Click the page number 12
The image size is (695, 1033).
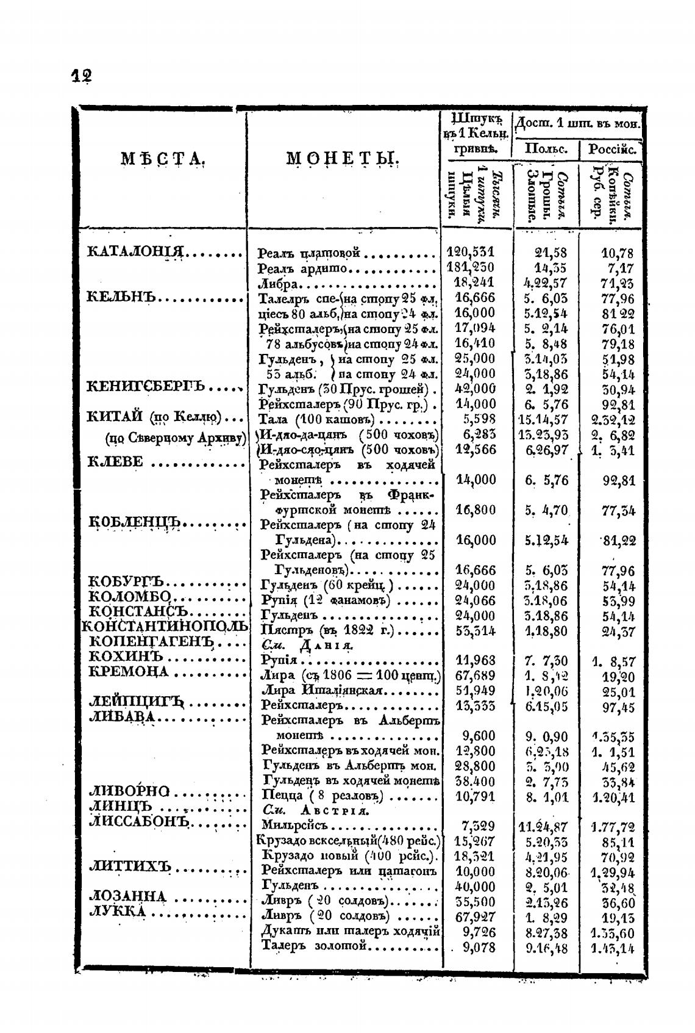[82, 76]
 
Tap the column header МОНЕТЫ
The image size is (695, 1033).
[343, 159]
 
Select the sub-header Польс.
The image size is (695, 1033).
[546, 149]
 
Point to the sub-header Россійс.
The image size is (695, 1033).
[612, 149]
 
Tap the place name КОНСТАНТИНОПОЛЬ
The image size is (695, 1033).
[165, 627]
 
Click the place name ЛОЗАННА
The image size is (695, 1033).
[127, 896]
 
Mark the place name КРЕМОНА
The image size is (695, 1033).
[129, 672]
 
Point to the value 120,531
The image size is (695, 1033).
[471, 251]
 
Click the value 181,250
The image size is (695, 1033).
[471, 267]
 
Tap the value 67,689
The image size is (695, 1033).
[475, 675]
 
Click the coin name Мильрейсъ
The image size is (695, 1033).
[294, 826]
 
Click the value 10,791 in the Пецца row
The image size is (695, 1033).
[475, 796]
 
